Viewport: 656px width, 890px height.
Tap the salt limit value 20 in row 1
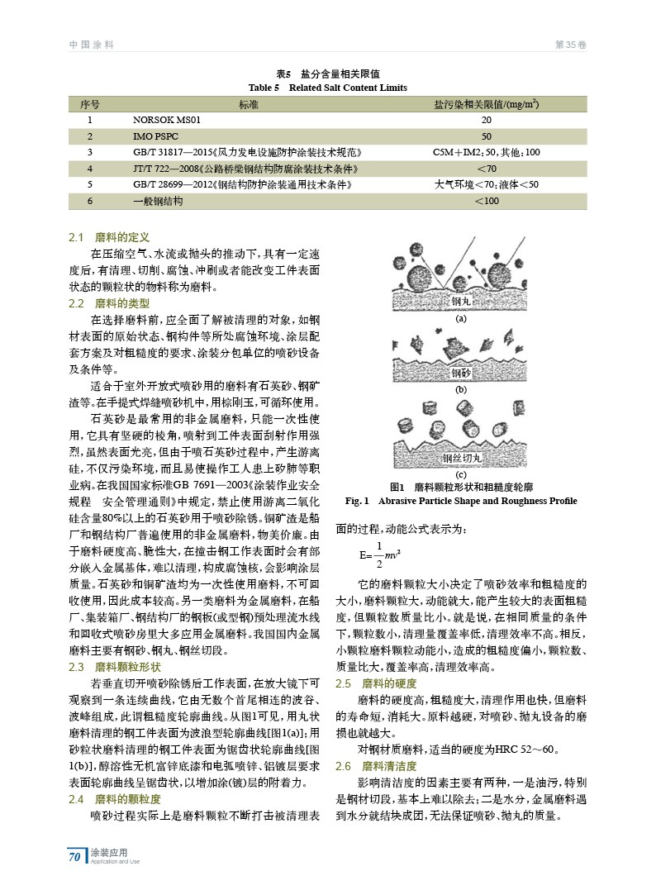tap(486, 120)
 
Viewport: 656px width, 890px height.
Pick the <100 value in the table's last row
tap(487, 201)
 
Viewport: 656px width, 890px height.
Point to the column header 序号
tap(89, 104)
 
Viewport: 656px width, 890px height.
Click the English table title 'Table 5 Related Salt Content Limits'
tap(328, 88)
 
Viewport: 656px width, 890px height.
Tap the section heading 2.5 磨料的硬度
tap(376, 683)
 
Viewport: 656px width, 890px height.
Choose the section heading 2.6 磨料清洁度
tap(376, 767)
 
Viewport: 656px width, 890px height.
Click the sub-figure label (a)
tap(461, 319)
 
